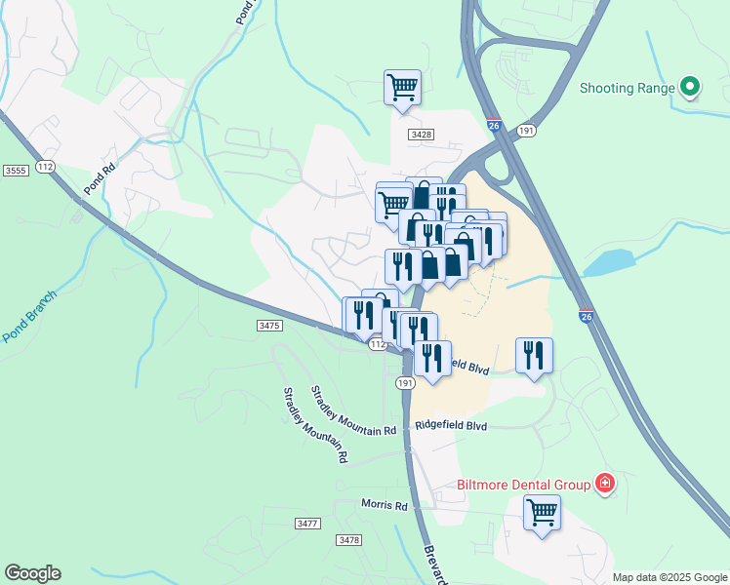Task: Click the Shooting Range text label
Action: tap(628, 88)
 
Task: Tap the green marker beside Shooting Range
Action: tap(690, 88)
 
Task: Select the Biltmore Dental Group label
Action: tap(524, 485)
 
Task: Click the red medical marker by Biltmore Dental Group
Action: tap(605, 484)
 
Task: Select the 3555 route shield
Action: tap(16, 170)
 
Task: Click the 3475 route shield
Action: tap(269, 325)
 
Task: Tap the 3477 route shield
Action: tap(307, 524)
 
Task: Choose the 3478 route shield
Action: tap(347, 539)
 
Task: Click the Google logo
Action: tap(32, 573)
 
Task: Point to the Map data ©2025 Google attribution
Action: tap(669, 577)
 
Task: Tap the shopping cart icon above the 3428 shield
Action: tap(402, 88)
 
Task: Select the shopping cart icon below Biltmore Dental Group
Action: tap(542, 512)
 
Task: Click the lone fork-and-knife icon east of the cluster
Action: tap(534, 355)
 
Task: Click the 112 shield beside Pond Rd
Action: tap(45, 168)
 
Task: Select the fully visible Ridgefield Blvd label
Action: tap(451, 426)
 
